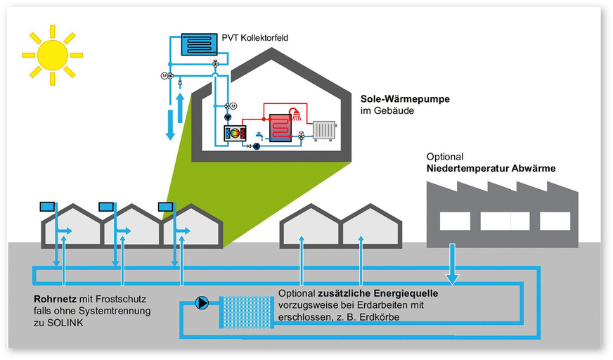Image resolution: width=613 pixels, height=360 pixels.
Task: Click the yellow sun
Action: click(51, 54)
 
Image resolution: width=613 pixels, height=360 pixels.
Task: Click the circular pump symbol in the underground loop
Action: click(202, 304)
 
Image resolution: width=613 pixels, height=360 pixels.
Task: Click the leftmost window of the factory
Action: click(455, 221)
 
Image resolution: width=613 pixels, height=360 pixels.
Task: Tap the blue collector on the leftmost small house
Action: click(48, 207)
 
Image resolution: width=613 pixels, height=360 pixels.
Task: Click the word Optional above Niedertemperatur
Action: click(446, 156)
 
